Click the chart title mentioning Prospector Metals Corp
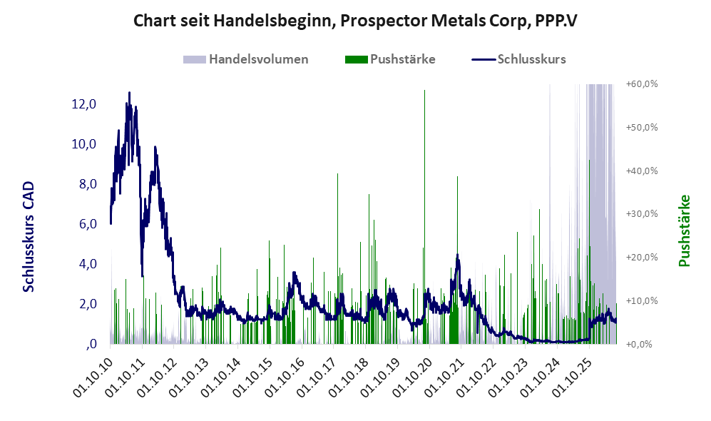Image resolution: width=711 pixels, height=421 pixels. point(355,21)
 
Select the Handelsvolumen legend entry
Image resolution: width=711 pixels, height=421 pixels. point(246,59)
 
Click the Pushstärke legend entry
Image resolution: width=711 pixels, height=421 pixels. point(390,59)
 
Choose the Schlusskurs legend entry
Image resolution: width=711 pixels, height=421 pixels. point(518,59)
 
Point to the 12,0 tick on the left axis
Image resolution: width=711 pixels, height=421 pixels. point(84,104)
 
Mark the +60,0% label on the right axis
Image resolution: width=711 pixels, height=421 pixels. point(642,84)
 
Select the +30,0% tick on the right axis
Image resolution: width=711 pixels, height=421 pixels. point(642,213)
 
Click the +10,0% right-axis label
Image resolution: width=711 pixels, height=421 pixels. point(642,301)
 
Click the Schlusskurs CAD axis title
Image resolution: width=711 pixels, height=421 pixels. point(29,237)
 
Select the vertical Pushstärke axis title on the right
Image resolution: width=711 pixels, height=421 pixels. point(684,231)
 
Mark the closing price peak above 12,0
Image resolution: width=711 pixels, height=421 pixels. point(129,93)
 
